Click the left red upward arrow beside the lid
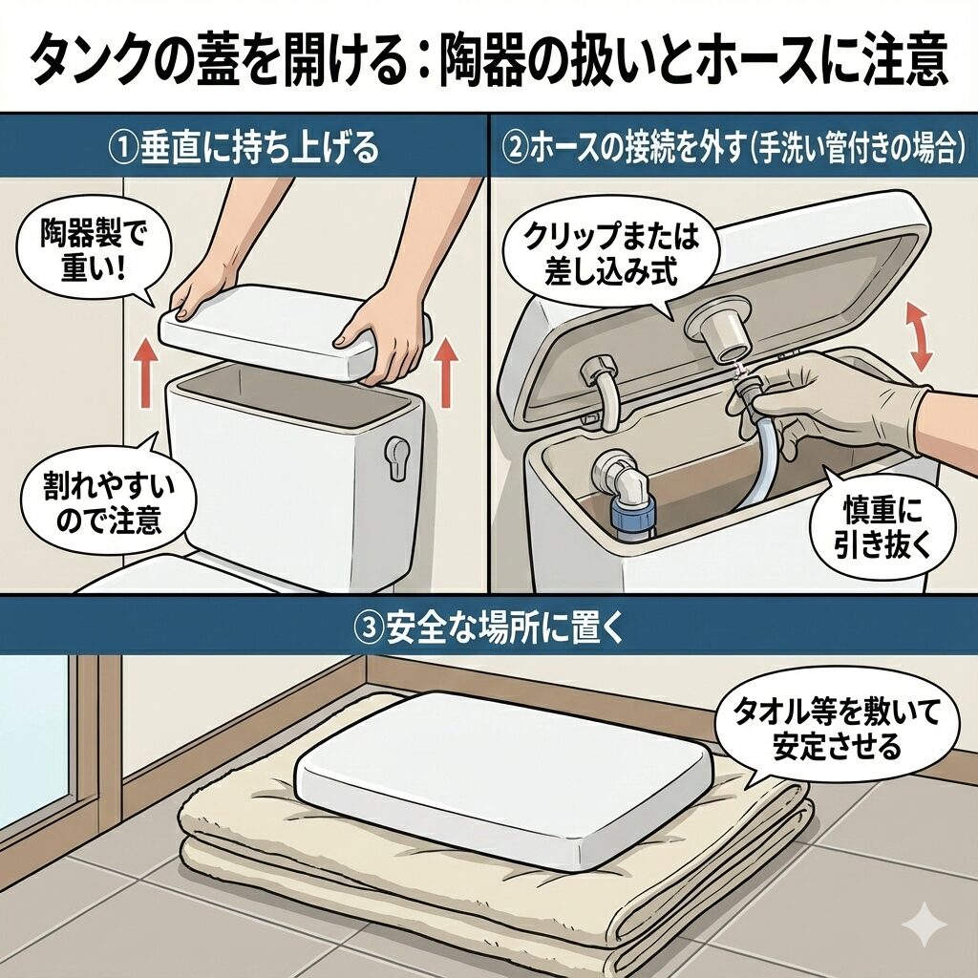pos(146,373)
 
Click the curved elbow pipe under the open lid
pos(603,391)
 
